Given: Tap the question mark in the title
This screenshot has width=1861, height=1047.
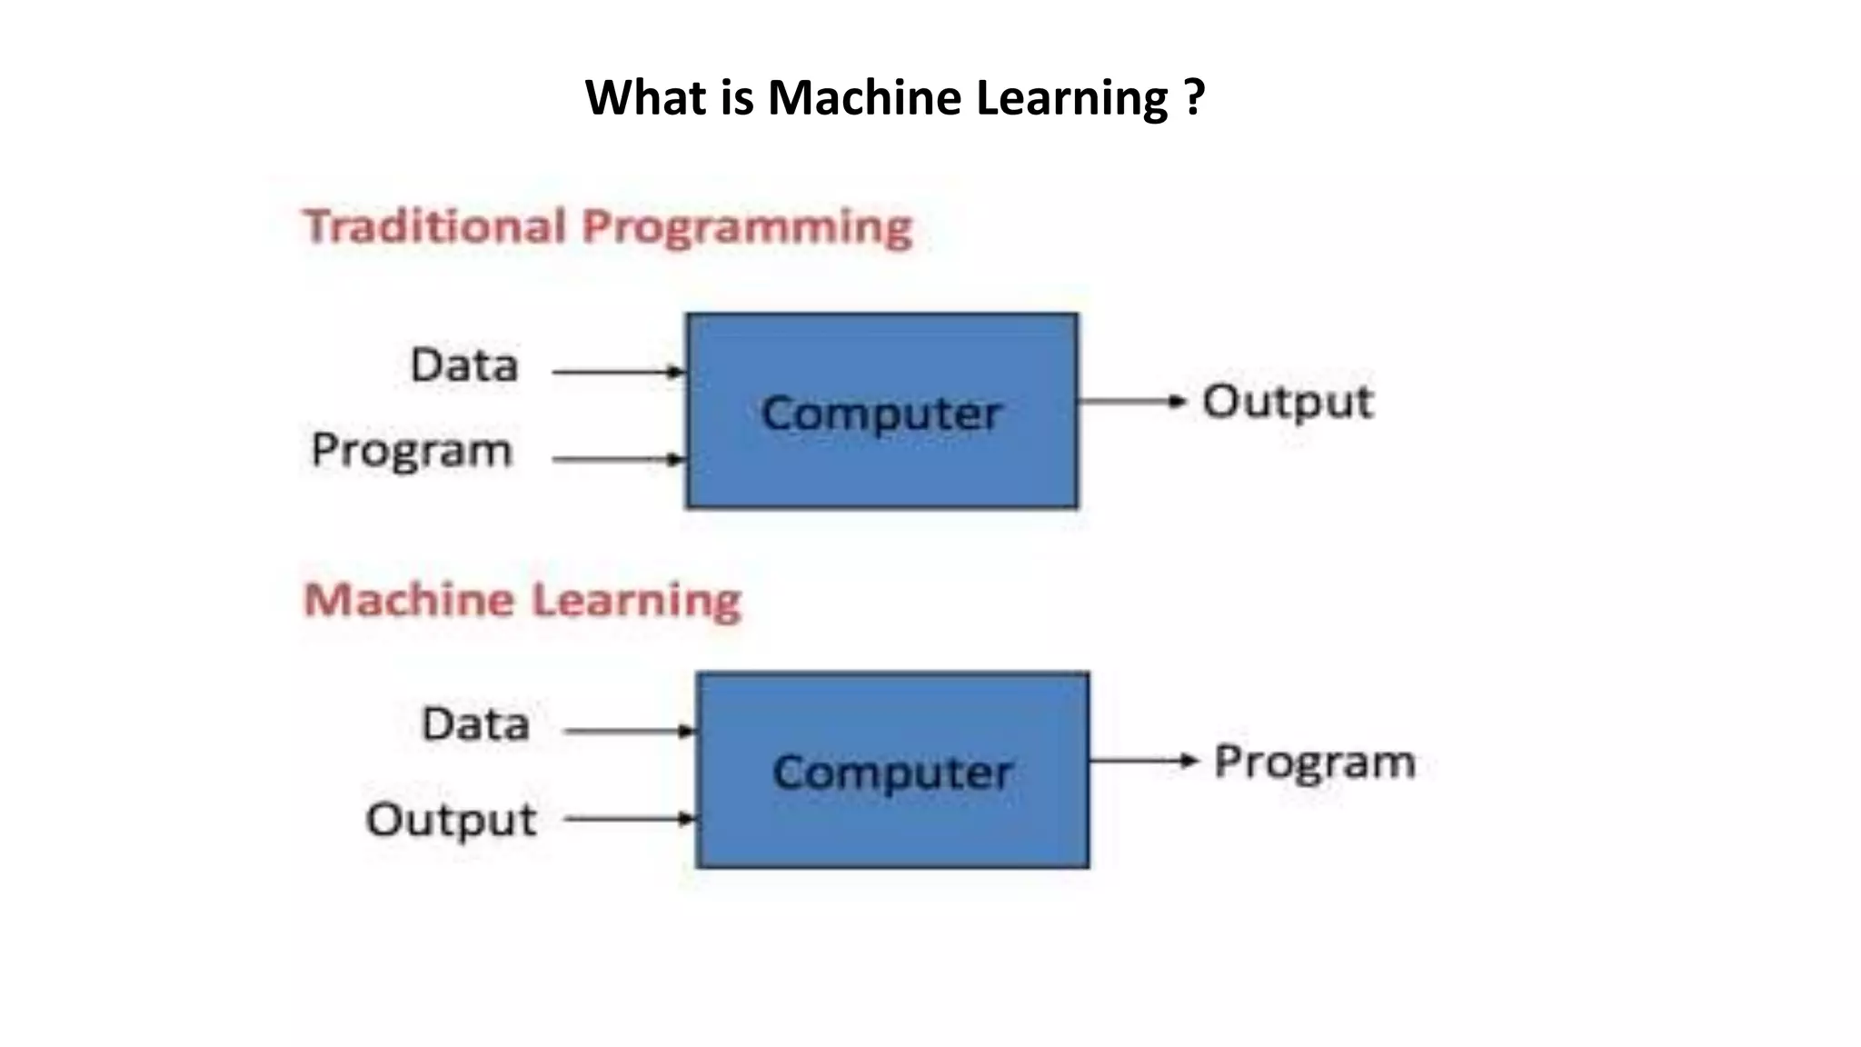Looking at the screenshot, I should [x=1195, y=97].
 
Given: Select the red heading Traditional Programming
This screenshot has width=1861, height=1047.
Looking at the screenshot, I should [x=607, y=226].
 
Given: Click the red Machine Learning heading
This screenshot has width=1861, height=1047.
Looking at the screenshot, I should [x=522, y=600].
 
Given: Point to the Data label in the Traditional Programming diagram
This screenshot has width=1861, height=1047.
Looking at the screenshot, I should [x=464, y=365].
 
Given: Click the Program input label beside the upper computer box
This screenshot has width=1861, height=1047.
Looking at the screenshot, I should [x=412, y=451].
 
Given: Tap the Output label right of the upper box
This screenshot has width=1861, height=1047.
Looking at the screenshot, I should [x=1288, y=402].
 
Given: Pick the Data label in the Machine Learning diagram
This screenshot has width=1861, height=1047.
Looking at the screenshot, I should [x=475, y=724].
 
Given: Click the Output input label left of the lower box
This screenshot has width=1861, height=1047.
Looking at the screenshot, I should [x=451, y=819].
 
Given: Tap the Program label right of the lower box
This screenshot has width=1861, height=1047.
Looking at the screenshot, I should [x=1314, y=762].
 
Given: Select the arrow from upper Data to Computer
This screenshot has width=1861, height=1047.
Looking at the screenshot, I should [x=618, y=372].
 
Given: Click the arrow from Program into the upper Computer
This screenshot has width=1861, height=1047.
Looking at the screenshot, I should [x=618, y=459].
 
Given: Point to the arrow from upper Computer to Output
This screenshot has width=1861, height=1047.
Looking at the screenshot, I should [x=1132, y=401].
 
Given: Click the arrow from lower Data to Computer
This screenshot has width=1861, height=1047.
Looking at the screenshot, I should [x=629, y=731].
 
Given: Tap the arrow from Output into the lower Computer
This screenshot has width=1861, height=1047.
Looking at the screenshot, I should [x=629, y=819].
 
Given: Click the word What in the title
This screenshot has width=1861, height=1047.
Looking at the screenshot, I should [x=645, y=97].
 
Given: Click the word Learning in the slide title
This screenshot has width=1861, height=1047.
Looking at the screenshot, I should [x=1071, y=97].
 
